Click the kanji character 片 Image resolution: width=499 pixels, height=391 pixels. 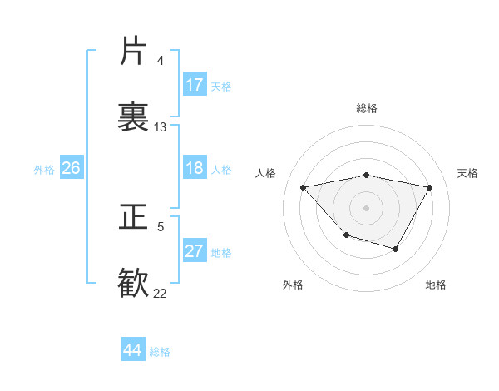click(133, 52)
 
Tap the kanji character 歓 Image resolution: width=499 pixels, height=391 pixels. click(133, 283)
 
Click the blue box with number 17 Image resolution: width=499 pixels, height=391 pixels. click(195, 85)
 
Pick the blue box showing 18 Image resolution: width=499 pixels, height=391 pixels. click(195, 168)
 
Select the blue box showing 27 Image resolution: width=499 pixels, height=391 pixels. click(195, 251)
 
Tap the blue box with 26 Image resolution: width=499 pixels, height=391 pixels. click(71, 168)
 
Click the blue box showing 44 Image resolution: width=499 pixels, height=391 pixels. click(133, 350)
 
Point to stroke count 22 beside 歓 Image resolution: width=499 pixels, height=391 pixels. click(160, 293)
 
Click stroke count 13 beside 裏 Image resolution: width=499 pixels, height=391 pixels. click(161, 127)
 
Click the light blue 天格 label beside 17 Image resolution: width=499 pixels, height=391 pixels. click(221, 86)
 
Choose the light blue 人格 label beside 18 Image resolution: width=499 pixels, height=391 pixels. click(221, 169)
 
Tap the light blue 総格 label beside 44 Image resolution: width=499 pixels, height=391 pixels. click(160, 352)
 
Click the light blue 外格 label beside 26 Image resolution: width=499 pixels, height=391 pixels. click(44, 169)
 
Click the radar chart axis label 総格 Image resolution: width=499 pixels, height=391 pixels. click(367, 108)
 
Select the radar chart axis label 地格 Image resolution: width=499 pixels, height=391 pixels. click(436, 285)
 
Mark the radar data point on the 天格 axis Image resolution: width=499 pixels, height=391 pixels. click(429, 188)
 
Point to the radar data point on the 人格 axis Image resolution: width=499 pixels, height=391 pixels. click(304, 187)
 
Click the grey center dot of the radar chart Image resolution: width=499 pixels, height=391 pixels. click(367, 206)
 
